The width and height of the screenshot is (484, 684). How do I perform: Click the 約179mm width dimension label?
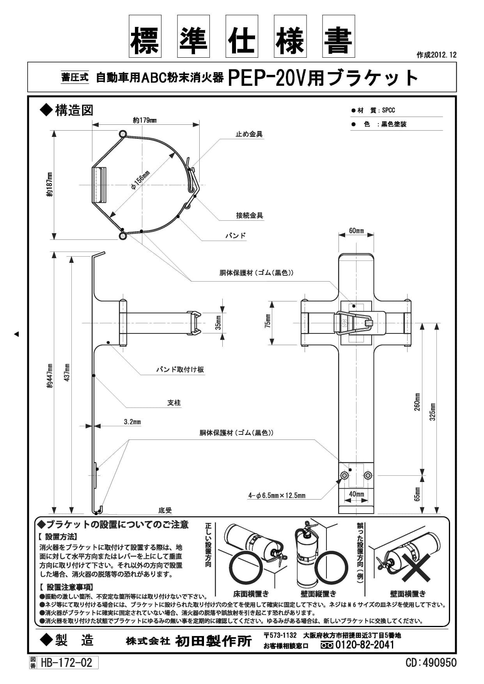145,120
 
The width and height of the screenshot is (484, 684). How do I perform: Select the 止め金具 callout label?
249,134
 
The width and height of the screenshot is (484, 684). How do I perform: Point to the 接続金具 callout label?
249,215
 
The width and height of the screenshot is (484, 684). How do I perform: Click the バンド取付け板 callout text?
180,370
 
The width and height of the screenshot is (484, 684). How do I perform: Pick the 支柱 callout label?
174,403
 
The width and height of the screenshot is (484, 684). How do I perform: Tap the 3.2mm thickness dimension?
133,422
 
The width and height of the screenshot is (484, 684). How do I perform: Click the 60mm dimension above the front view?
356,231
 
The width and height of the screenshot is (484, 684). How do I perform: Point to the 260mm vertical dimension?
417,402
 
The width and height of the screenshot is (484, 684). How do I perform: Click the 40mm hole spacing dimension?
356,494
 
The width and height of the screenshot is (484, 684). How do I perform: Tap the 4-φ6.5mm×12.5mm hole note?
277,496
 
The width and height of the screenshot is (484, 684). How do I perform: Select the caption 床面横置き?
251,594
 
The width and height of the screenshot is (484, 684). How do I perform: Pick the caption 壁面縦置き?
319,594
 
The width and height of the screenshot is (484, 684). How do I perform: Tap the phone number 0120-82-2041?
365,645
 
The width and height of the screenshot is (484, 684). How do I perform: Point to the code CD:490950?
431,663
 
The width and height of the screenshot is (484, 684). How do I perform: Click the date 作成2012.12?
436,55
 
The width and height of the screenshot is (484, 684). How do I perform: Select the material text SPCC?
388,110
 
